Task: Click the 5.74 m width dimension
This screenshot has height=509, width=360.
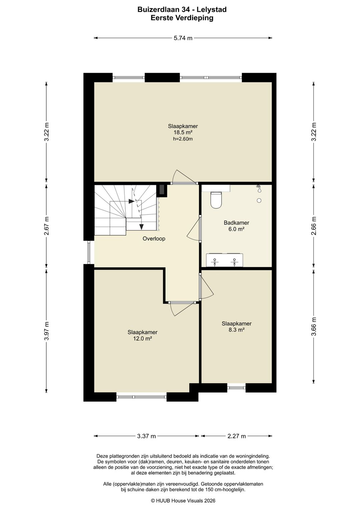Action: click(183, 38)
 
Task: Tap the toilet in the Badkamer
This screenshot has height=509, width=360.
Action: click(216, 200)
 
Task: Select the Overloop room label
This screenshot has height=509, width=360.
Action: click(154, 238)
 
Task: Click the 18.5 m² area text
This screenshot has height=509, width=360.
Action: click(183, 132)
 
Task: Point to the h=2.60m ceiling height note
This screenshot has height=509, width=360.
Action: click(183, 139)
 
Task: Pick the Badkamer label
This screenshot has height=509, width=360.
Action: click(236, 223)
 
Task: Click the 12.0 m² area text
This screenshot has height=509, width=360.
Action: click(142, 339)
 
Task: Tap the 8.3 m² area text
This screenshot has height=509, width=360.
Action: click(236, 330)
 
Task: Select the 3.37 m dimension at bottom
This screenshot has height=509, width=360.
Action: click(146, 436)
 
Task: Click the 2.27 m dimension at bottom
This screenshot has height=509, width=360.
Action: click(236, 436)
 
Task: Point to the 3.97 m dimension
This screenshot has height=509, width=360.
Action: click(47, 331)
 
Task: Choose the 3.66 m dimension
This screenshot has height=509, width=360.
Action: click(314, 326)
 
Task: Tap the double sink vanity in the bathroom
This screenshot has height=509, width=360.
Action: click(224, 260)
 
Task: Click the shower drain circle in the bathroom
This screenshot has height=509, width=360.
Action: click(259, 200)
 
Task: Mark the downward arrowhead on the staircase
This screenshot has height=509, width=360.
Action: click(142, 226)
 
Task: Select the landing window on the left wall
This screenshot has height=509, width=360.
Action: click(89, 252)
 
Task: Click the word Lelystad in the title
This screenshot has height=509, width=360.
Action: click(211, 10)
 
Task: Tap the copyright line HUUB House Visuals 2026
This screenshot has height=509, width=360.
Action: click(183, 501)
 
